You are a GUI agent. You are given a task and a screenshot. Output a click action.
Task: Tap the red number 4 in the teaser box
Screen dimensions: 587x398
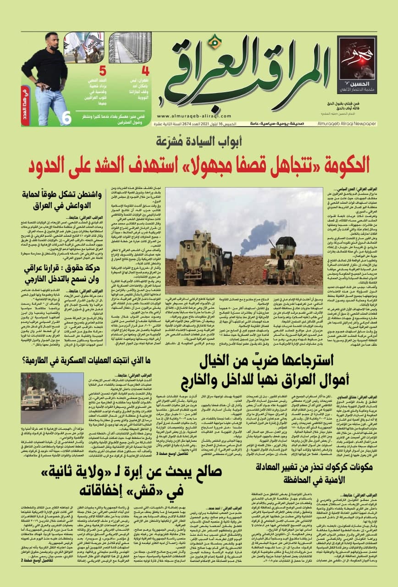tap(145, 71)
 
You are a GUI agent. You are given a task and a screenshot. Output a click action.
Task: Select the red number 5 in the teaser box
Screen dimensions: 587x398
tap(103, 71)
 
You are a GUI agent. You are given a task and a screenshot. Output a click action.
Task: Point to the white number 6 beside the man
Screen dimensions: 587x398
tap(67, 118)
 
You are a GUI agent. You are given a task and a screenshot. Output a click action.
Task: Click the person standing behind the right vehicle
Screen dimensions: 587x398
tap(280, 263)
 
